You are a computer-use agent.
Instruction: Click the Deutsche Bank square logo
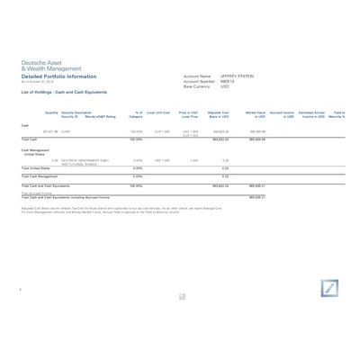pos(328,288)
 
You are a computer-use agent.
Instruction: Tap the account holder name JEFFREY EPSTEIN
pos(237,76)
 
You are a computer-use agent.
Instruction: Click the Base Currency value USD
pos(225,86)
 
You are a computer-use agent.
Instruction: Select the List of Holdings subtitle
pos(64,92)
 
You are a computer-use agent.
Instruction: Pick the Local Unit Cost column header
pos(158,112)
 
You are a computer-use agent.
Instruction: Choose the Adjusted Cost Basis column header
pos(219,114)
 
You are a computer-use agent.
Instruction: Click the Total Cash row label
pos(29,139)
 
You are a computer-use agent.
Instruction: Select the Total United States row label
pos(35,167)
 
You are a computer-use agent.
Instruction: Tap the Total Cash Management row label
pos(40,176)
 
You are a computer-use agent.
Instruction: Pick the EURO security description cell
pos(66,131)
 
